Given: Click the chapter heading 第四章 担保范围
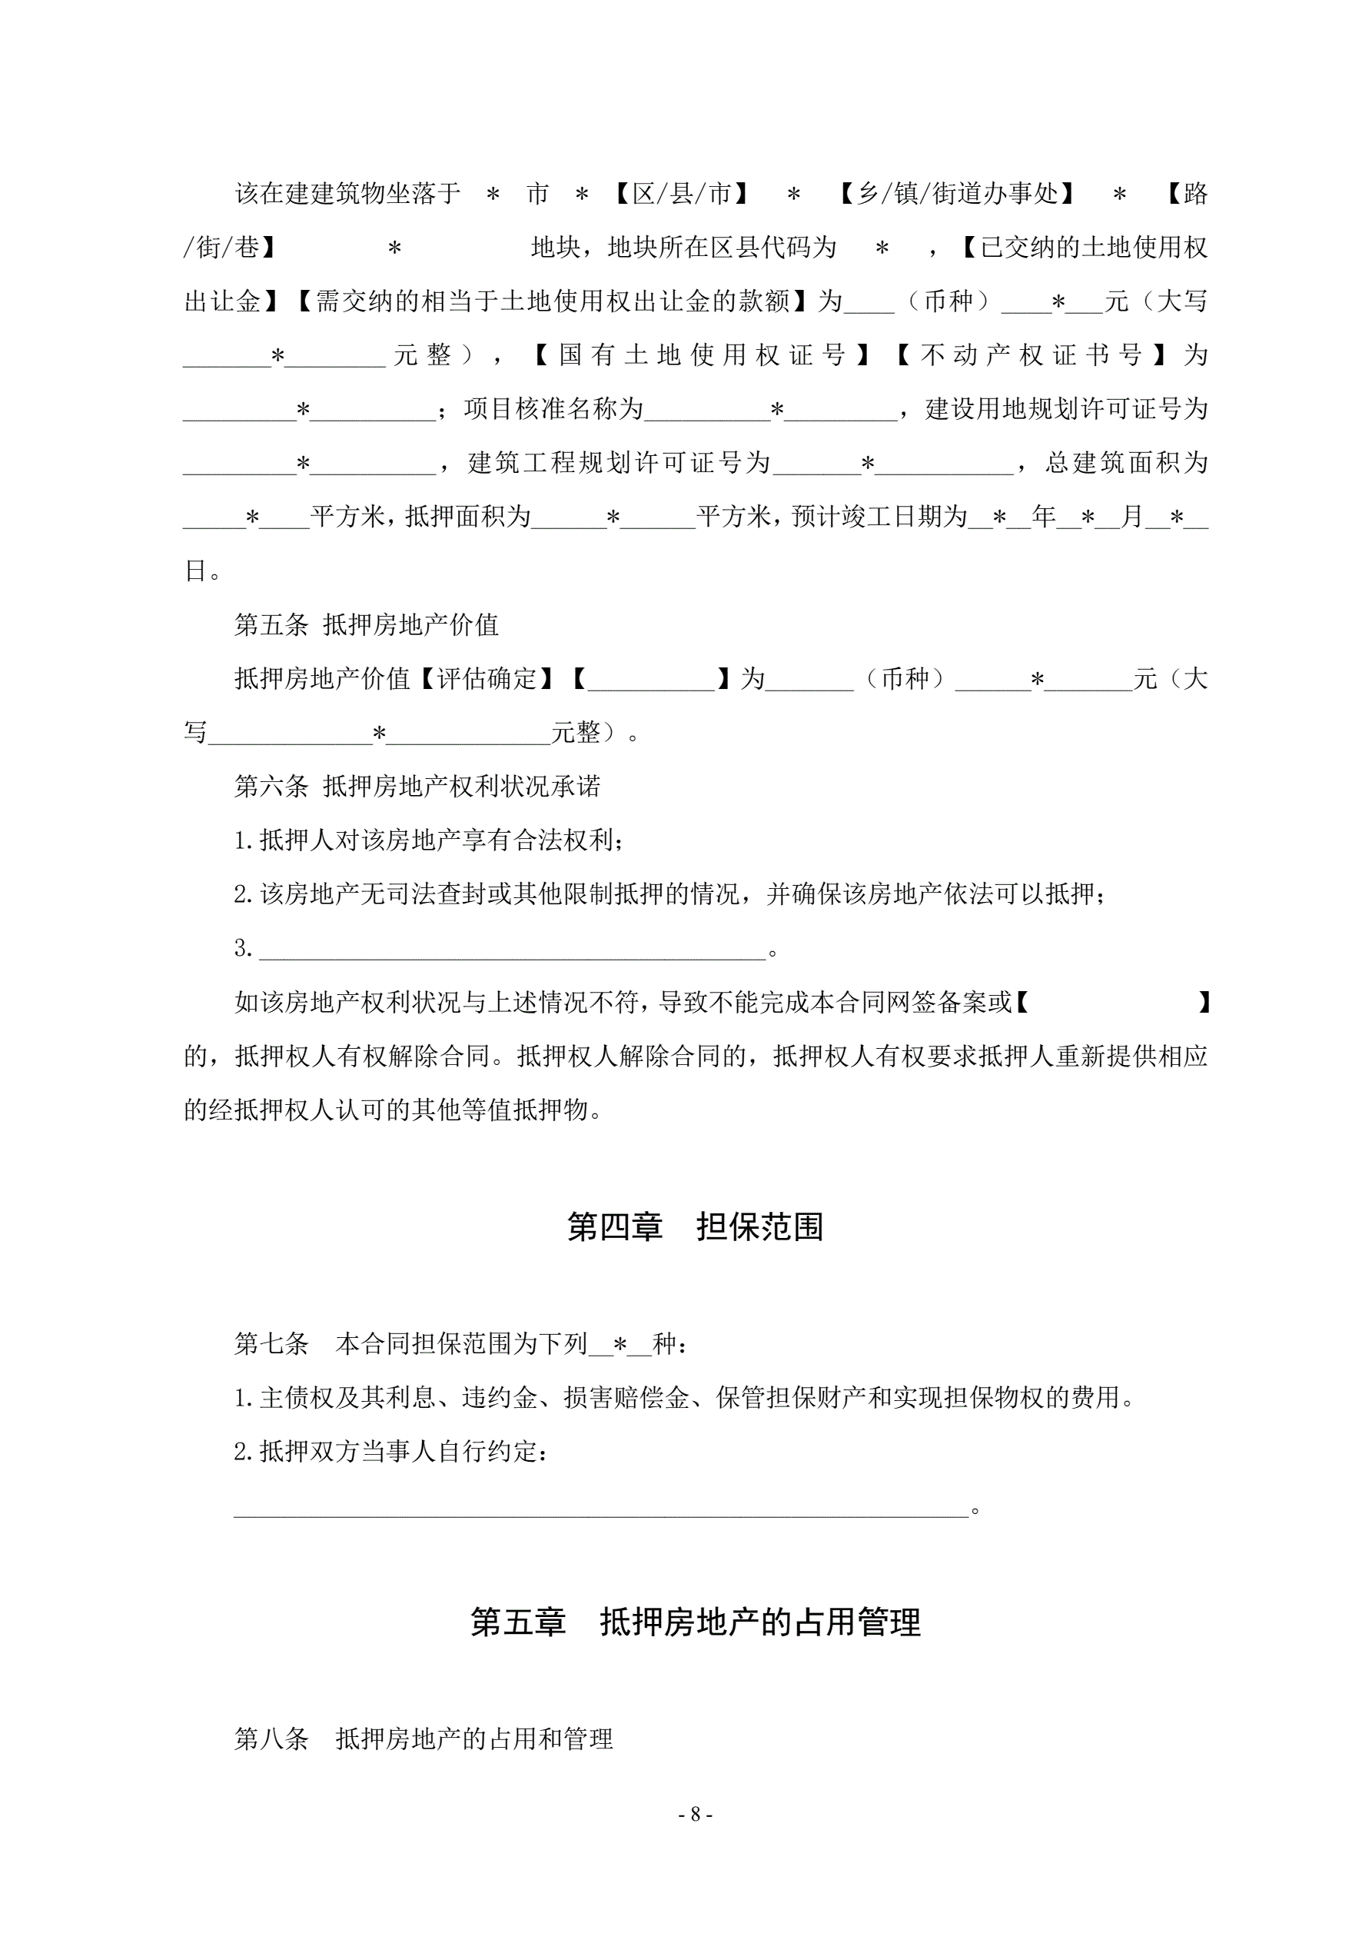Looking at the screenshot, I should coord(694,1227).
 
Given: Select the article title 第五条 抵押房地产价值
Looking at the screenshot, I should coord(367,625).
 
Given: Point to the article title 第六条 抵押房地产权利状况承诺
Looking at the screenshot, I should coord(417,787).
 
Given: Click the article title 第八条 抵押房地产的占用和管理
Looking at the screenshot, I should coord(424,1739).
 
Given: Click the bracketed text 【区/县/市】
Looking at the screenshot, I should coord(681,195).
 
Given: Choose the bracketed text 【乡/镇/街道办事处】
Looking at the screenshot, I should coord(957,195).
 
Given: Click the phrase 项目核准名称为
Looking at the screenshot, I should coord(553,409).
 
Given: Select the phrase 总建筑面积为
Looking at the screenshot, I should coord(1126,463).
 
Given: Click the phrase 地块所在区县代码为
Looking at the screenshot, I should coord(722,248).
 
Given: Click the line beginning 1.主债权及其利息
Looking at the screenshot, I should coord(684,1399).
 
